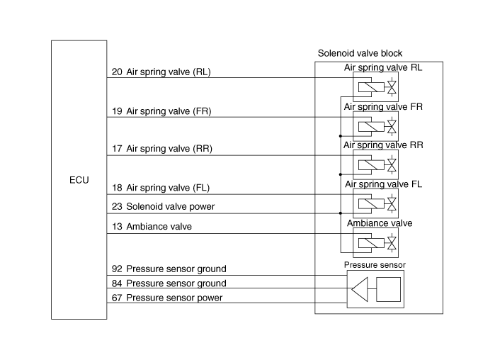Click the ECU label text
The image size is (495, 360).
click(x=79, y=180)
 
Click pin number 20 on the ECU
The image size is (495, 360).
click(x=117, y=72)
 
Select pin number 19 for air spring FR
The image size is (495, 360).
click(x=117, y=111)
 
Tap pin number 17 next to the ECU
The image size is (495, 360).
click(x=117, y=149)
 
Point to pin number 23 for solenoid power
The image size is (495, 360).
click(x=117, y=207)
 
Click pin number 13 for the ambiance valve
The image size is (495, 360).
click(x=117, y=227)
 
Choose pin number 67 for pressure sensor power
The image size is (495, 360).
click(x=117, y=298)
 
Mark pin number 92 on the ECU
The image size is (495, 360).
click(x=117, y=269)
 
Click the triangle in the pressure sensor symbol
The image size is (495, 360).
click(x=360, y=289)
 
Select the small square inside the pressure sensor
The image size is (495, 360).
click(x=389, y=289)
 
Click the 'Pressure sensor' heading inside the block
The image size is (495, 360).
click(x=375, y=265)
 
